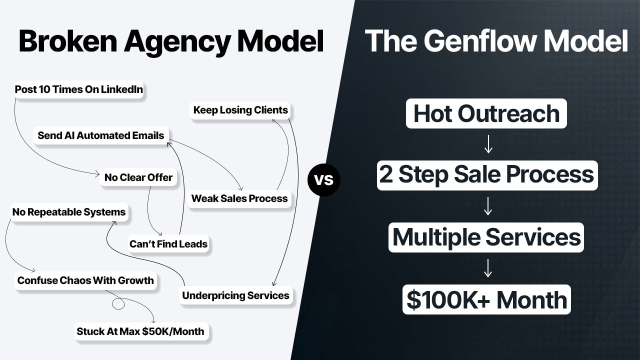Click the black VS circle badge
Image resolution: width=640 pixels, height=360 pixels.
click(x=323, y=179)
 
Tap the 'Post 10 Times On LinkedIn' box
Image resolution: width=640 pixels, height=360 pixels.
click(x=79, y=90)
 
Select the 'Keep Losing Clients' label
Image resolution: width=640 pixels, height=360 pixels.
click(x=240, y=110)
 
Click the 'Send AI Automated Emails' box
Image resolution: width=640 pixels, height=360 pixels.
click(x=101, y=135)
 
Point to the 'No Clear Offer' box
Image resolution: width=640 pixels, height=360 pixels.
click(x=138, y=177)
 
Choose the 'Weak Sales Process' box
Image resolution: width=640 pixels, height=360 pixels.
click(x=239, y=198)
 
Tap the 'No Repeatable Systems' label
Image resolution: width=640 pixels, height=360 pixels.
click(x=69, y=212)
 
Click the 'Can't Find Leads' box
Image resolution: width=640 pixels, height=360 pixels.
click(x=168, y=244)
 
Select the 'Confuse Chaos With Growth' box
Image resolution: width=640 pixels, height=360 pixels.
click(x=85, y=280)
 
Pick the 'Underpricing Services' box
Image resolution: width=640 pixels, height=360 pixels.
click(x=235, y=295)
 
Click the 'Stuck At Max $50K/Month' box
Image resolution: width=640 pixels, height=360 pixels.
click(x=140, y=331)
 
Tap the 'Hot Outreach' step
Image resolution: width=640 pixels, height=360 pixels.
click(x=486, y=113)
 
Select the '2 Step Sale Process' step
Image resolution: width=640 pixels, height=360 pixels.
click(x=487, y=175)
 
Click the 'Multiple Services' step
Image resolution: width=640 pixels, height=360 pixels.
click(x=486, y=237)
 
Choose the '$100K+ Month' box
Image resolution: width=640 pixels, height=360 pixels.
click(x=486, y=299)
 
